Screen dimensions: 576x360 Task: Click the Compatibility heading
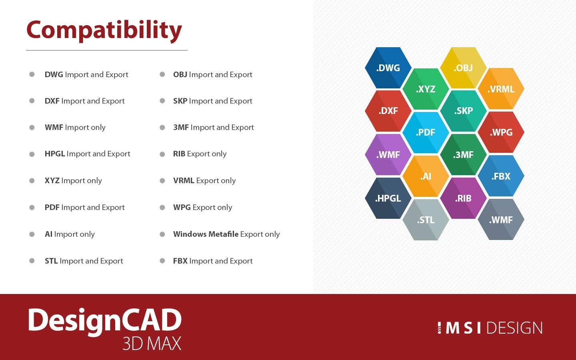pyautogui.click(x=104, y=30)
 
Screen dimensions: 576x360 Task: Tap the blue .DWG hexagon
pyautogui.click(x=388, y=68)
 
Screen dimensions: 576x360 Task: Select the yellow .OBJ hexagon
pyautogui.click(x=463, y=68)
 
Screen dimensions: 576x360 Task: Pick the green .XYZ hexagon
pyautogui.click(x=426, y=89)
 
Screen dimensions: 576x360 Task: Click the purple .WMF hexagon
pyautogui.click(x=388, y=154)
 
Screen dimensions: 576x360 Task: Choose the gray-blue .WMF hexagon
pyautogui.click(x=501, y=220)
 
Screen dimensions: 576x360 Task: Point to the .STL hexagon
pyautogui.click(x=426, y=220)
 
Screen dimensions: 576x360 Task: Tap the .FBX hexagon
pyautogui.click(x=501, y=176)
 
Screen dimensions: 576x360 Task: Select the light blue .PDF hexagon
pyautogui.click(x=426, y=132)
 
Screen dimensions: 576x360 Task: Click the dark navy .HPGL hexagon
pyautogui.click(x=388, y=198)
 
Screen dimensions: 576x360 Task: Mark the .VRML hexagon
pyautogui.click(x=501, y=89)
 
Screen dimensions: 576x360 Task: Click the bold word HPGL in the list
pyautogui.click(x=54, y=154)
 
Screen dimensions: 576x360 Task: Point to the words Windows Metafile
pyautogui.click(x=206, y=234)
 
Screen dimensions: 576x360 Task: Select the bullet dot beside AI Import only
pyautogui.click(x=32, y=234)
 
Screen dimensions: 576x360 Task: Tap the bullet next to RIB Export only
pyautogui.click(x=162, y=154)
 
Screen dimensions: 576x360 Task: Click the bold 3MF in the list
pyautogui.click(x=181, y=127)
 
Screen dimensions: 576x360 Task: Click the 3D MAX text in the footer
pyautogui.click(x=152, y=344)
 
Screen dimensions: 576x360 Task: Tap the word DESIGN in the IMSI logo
pyautogui.click(x=514, y=328)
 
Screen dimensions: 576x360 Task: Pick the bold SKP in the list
pyautogui.click(x=180, y=101)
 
